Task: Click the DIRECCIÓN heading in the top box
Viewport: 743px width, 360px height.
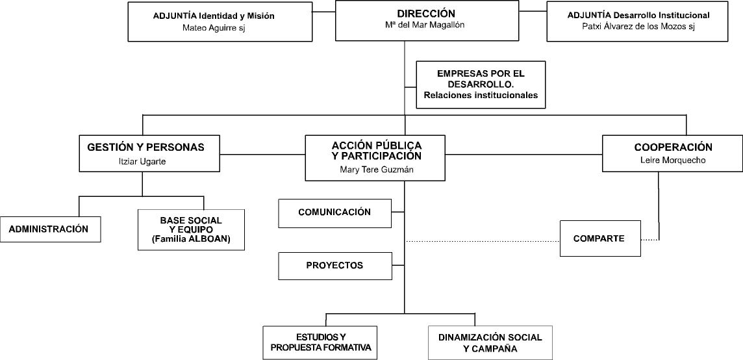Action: (426, 13)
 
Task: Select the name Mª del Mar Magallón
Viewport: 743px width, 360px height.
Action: (425, 25)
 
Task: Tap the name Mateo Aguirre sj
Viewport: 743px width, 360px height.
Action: (214, 27)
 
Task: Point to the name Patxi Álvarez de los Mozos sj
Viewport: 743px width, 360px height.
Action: (638, 27)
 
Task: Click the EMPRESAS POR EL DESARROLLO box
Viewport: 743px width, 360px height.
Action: (481, 85)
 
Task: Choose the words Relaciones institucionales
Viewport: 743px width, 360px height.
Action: (481, 95)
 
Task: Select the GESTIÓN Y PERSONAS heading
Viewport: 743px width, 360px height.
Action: (146, 148)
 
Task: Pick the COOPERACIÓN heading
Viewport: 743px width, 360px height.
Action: (674, 148)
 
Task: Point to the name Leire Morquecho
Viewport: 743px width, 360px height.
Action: (673, 161)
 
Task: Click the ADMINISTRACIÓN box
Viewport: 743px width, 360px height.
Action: (50, 229)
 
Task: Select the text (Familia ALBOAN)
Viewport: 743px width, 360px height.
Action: (191, 239)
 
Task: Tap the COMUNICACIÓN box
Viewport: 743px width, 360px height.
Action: (335, 213)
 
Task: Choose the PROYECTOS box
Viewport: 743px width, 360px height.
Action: (335, 266)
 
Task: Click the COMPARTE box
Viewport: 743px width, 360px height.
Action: (600, 238)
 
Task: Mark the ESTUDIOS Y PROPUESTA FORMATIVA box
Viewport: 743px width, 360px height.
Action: (320, 343)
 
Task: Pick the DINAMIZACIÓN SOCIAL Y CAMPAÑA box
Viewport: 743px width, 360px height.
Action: (490, 343)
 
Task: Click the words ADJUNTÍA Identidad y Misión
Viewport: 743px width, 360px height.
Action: (214, 16)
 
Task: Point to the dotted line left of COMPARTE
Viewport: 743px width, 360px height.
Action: (483, 242)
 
